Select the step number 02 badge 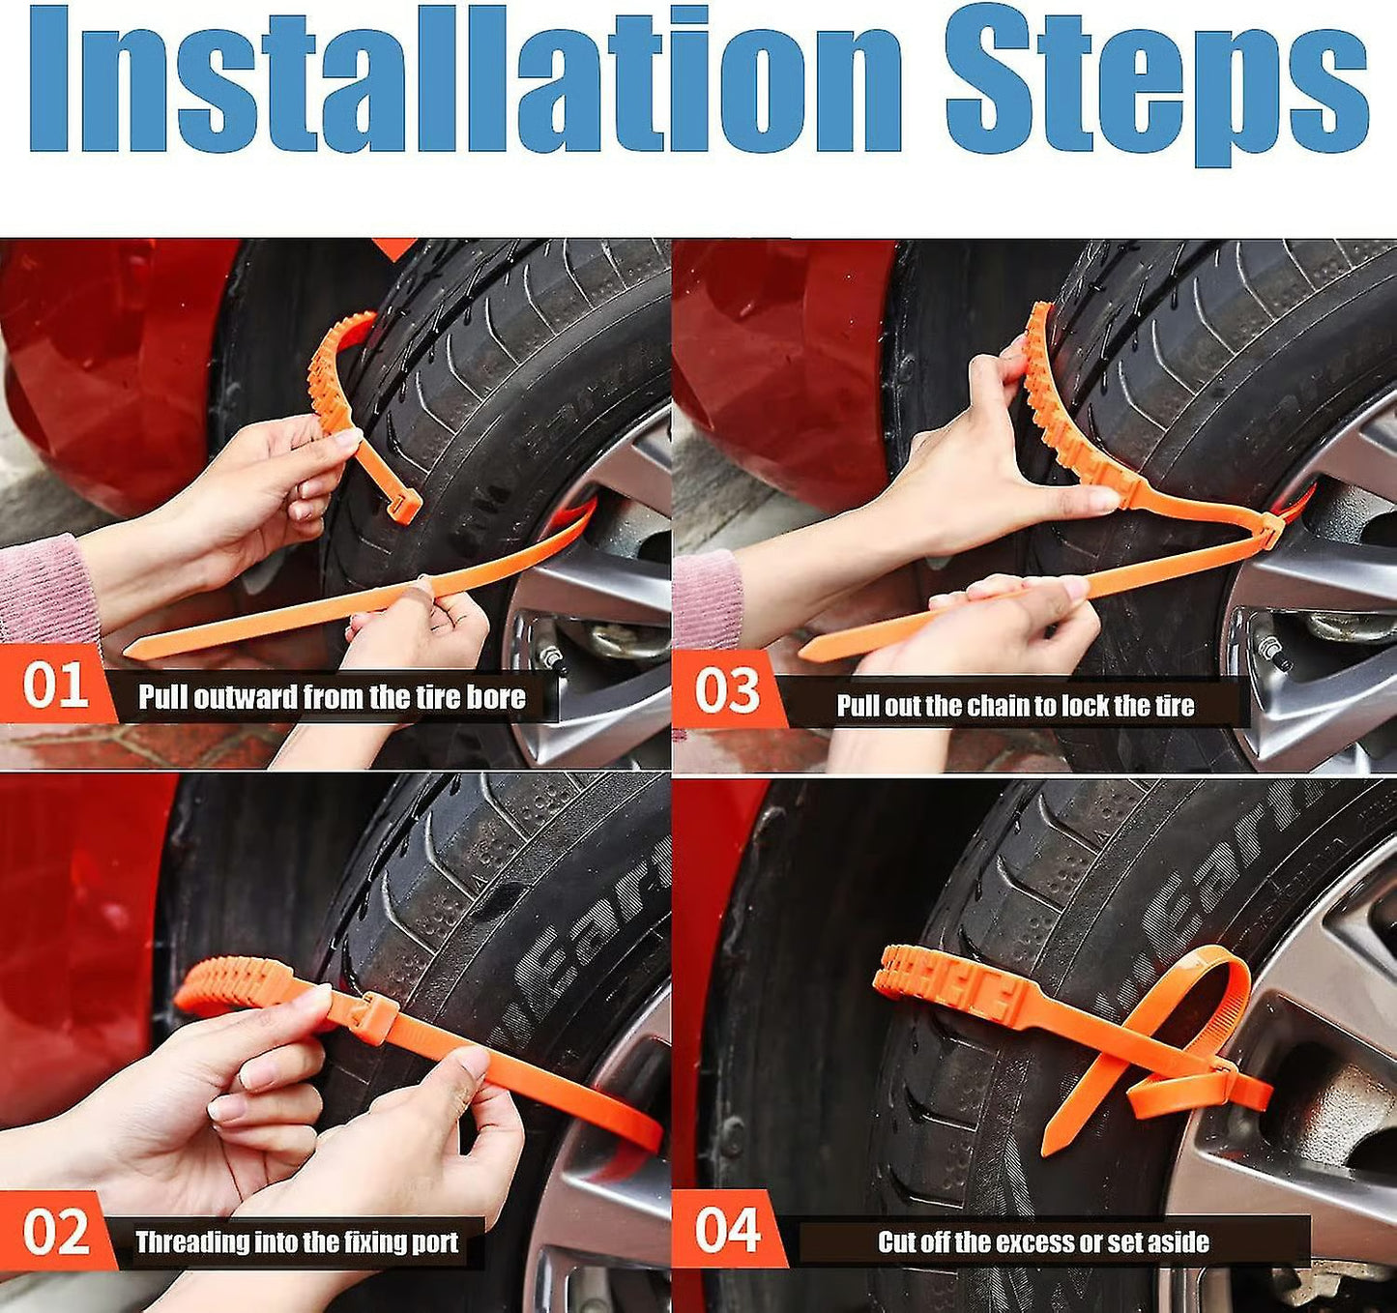click(x=55, y=1233)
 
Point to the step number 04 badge click(x=727, y=1230)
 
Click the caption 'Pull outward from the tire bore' click(x=332, y=697)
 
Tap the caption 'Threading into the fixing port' click(x=296, y=1242)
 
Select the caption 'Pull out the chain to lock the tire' click(x=1015, y=706)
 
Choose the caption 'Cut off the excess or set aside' click(x=1043, y=1242)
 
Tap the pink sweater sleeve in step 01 click(x=44, y=590)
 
